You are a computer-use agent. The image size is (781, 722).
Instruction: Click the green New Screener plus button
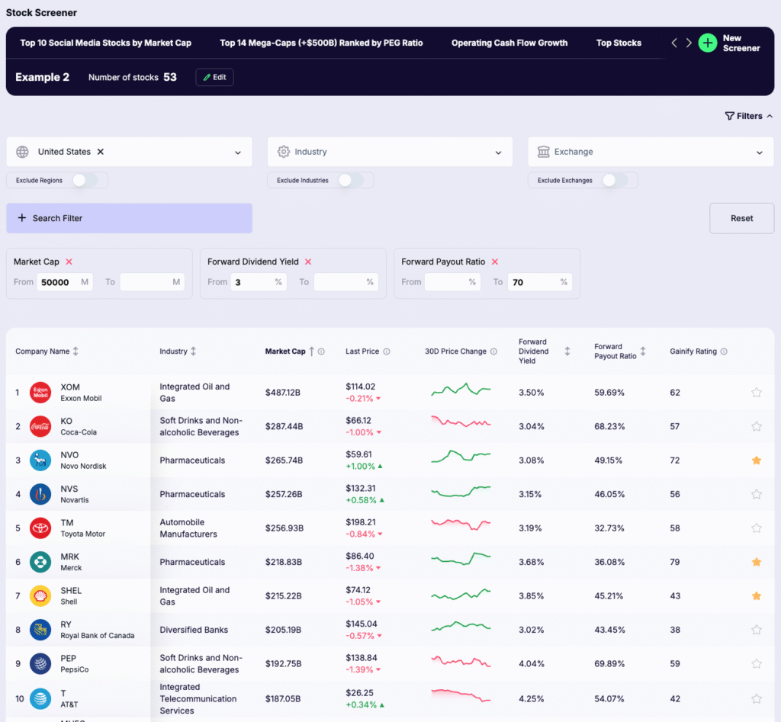coord(708,43)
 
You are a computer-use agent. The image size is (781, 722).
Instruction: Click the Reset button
coord(741,218)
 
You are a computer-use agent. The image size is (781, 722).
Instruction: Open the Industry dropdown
coord(390,152)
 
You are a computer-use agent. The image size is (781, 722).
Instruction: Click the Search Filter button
coord(129,218)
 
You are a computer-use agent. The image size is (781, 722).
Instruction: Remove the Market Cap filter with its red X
coord(69,262)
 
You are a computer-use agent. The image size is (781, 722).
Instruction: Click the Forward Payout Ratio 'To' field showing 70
coord(533,282)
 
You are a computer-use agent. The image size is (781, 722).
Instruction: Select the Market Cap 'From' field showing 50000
coord(58,282)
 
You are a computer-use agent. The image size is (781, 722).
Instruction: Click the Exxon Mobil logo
coord(40,393)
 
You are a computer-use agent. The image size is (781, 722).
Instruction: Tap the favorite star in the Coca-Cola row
coord(757,426)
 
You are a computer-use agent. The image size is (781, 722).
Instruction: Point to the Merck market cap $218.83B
coord(284,562)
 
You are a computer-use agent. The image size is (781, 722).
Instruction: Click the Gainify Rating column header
coord(693,351)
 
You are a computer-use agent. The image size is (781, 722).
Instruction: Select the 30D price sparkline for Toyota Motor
coord(461,528)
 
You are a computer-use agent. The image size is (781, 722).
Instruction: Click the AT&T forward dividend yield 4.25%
coord(532,698)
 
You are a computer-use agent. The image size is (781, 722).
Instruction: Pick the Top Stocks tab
coord(619,43)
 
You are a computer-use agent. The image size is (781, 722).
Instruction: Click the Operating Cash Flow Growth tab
coord(509,43)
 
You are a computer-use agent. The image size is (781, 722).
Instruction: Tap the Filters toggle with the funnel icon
coord(748,116)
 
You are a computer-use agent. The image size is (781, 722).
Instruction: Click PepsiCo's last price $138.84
coord(361,657)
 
